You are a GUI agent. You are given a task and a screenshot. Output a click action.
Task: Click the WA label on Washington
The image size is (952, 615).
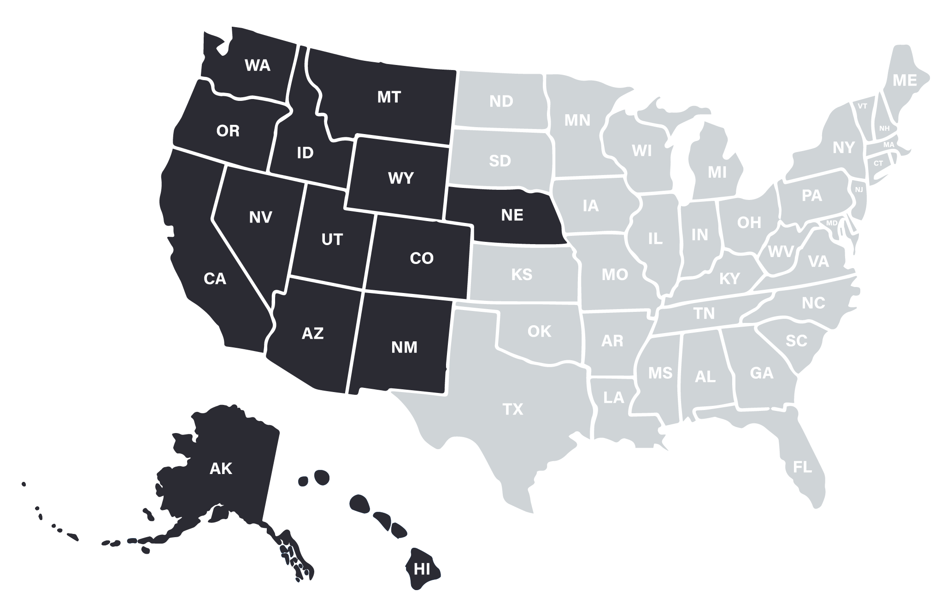point(257,65)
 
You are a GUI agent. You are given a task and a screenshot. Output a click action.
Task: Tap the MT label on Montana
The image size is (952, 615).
point(389,97)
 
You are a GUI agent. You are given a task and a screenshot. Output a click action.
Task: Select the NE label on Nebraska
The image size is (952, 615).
point(512,215)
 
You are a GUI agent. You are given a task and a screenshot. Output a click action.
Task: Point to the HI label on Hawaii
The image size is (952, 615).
point(422,569)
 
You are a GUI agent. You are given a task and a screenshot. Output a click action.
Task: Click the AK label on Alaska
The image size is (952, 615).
point(221,469)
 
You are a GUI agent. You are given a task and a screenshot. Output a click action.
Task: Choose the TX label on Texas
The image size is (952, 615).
point(512,409)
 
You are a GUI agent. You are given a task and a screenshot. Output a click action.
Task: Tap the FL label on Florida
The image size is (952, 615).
point(802,467)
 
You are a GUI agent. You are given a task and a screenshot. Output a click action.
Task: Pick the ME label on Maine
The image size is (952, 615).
point(905,81)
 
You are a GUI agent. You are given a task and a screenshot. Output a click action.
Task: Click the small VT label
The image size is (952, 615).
point(862,106)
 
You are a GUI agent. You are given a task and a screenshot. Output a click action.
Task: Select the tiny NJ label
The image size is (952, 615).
point(858,189)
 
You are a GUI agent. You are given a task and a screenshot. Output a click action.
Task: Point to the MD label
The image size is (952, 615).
point(832,223)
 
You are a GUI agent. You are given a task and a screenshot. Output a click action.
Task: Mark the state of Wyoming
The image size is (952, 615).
point(401,178)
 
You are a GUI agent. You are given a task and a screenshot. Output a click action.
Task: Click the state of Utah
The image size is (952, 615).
point(332,240)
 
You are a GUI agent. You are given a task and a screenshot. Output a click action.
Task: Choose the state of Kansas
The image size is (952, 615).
point(522,275)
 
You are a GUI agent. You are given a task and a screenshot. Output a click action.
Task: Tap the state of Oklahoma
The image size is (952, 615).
point(539,331)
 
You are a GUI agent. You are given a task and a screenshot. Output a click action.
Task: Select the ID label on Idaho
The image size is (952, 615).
point(305,152)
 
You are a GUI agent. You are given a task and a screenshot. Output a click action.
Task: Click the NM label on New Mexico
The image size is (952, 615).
point(404,347)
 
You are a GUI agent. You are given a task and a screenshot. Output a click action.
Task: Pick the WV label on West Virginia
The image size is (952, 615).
point(781,252)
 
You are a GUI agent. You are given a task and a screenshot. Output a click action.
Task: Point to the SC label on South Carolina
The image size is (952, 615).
point(796,341)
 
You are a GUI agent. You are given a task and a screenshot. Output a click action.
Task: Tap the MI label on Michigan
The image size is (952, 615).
point(717,172)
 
